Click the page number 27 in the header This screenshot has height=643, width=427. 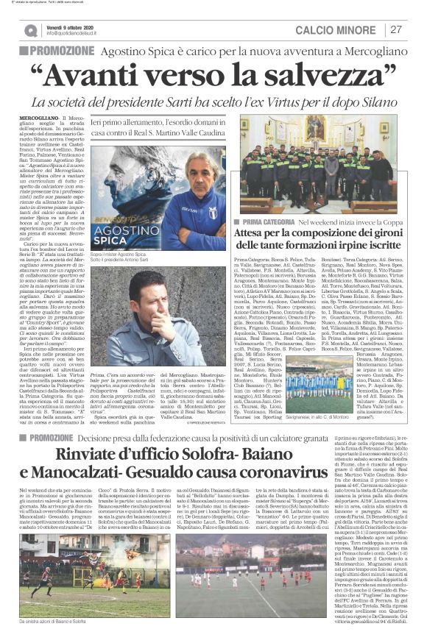396,29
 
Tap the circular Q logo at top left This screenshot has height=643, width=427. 29,30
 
